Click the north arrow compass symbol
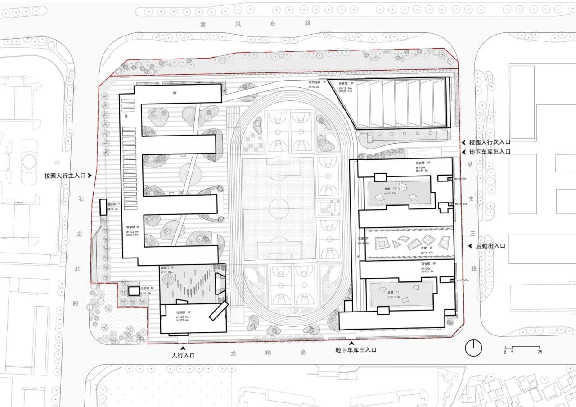click(473, 348)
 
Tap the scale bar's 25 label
click(539, 352)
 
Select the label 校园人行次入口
click(490, 142)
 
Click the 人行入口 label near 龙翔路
click(183, 356)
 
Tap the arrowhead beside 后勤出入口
click(470, 246)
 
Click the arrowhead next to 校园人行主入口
click(90, 176)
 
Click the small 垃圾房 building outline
click(134, 291)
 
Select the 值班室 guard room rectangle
click(103, 206)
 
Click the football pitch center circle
click(278, 208)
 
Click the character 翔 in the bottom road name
click(268, 353)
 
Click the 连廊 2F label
click(360, 239)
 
